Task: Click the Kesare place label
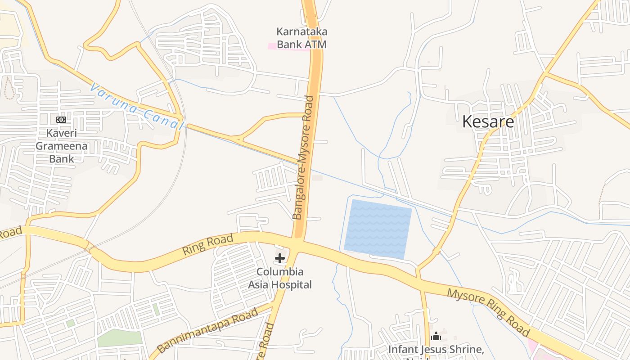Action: (x=488, y=121)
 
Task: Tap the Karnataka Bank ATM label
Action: (x=301, y=38)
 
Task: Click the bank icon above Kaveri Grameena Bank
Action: (x=61, y=120)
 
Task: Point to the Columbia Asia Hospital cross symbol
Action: (x=280, y=258)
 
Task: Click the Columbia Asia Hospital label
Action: (x=280, y=278)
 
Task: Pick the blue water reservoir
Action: (x=378, y=229)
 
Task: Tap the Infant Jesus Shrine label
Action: (x=436, y=350)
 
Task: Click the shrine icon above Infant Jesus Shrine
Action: (x=436, y=337)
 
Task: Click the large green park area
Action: (x=120, y=338)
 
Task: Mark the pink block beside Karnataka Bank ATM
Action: (x=272, y=46)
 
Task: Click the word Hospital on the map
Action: (x=294, y=284)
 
